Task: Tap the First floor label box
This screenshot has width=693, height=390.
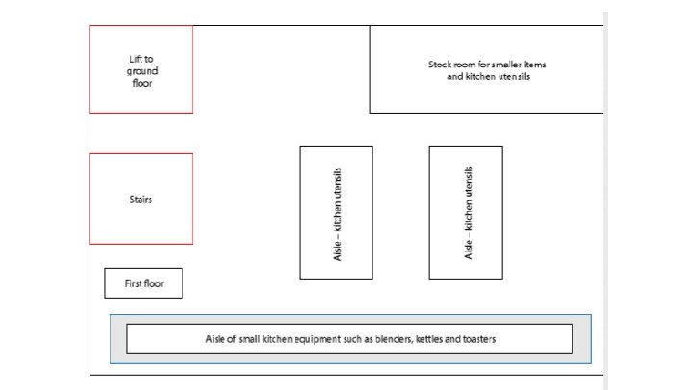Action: tap(142, 283)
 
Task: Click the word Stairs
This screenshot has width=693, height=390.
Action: tap(141, 200)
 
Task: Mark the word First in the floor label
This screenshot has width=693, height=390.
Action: tap(134, 284)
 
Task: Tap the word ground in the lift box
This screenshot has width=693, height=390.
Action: tap(141, 70)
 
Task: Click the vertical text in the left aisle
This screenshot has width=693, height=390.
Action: tap(337, 213)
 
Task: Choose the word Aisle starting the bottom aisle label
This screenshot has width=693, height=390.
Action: tap(217, 339)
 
